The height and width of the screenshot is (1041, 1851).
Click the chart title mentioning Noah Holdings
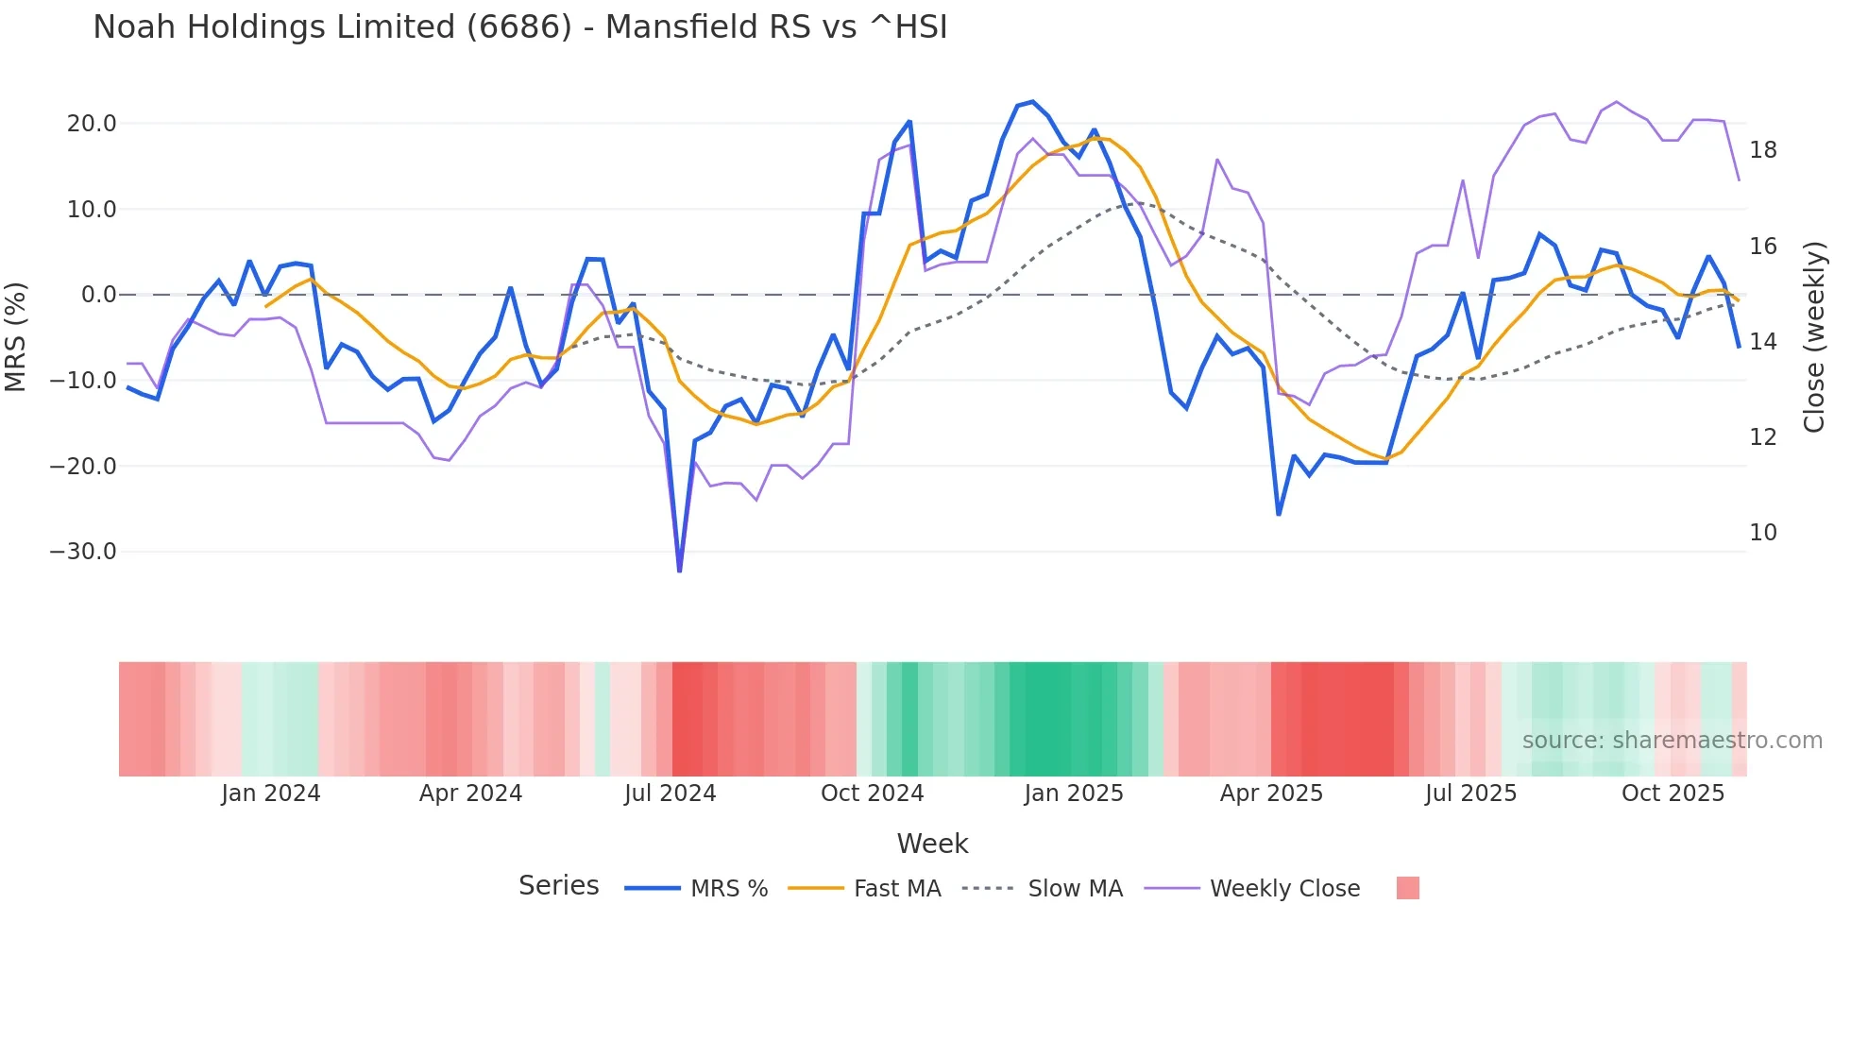point(519,26)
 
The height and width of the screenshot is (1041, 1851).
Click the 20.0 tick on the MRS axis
point(92,124)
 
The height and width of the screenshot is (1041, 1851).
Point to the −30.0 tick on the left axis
point(83,552)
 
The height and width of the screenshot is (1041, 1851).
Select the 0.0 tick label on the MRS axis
point(99,295)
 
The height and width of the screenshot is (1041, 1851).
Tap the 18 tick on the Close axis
point(1763,150)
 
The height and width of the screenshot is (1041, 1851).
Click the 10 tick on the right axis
point(1763,533)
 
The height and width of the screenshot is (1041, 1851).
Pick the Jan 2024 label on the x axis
point(271,794)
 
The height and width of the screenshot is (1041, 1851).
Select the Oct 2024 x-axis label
point(872,794)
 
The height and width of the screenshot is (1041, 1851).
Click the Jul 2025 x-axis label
point(1470,794)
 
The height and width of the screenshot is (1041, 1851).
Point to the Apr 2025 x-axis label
point(1271,794)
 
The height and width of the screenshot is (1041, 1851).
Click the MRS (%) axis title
point(16,336)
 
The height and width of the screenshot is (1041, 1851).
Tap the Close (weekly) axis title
point(1814,337)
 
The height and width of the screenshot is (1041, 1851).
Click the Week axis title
point(932,844)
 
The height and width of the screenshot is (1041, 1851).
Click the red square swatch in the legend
point(1407,888)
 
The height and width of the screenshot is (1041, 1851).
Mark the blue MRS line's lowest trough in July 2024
point(679,571)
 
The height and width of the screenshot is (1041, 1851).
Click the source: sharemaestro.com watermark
point(1672,741)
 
